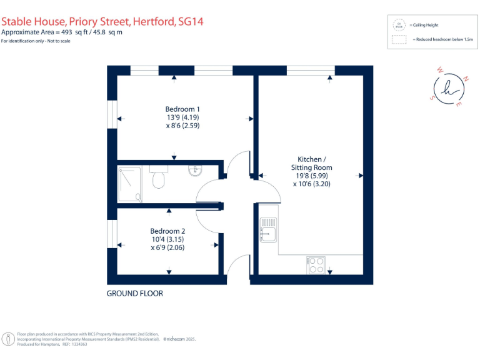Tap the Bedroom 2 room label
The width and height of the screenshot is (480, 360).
pos(167,231)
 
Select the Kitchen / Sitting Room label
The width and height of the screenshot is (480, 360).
pos(312,163)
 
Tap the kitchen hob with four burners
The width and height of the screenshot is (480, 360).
pos(316,266)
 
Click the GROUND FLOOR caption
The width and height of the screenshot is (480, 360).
pos(134,293)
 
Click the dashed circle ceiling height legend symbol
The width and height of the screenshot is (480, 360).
pos(398,25)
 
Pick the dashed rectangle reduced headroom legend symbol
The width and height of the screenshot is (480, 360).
pos(398,39)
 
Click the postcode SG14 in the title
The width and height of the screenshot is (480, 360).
pos(191,21)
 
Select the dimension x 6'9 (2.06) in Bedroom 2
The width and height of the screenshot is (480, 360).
pos(167,247)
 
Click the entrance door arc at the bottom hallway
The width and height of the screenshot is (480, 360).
pos(237,266)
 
